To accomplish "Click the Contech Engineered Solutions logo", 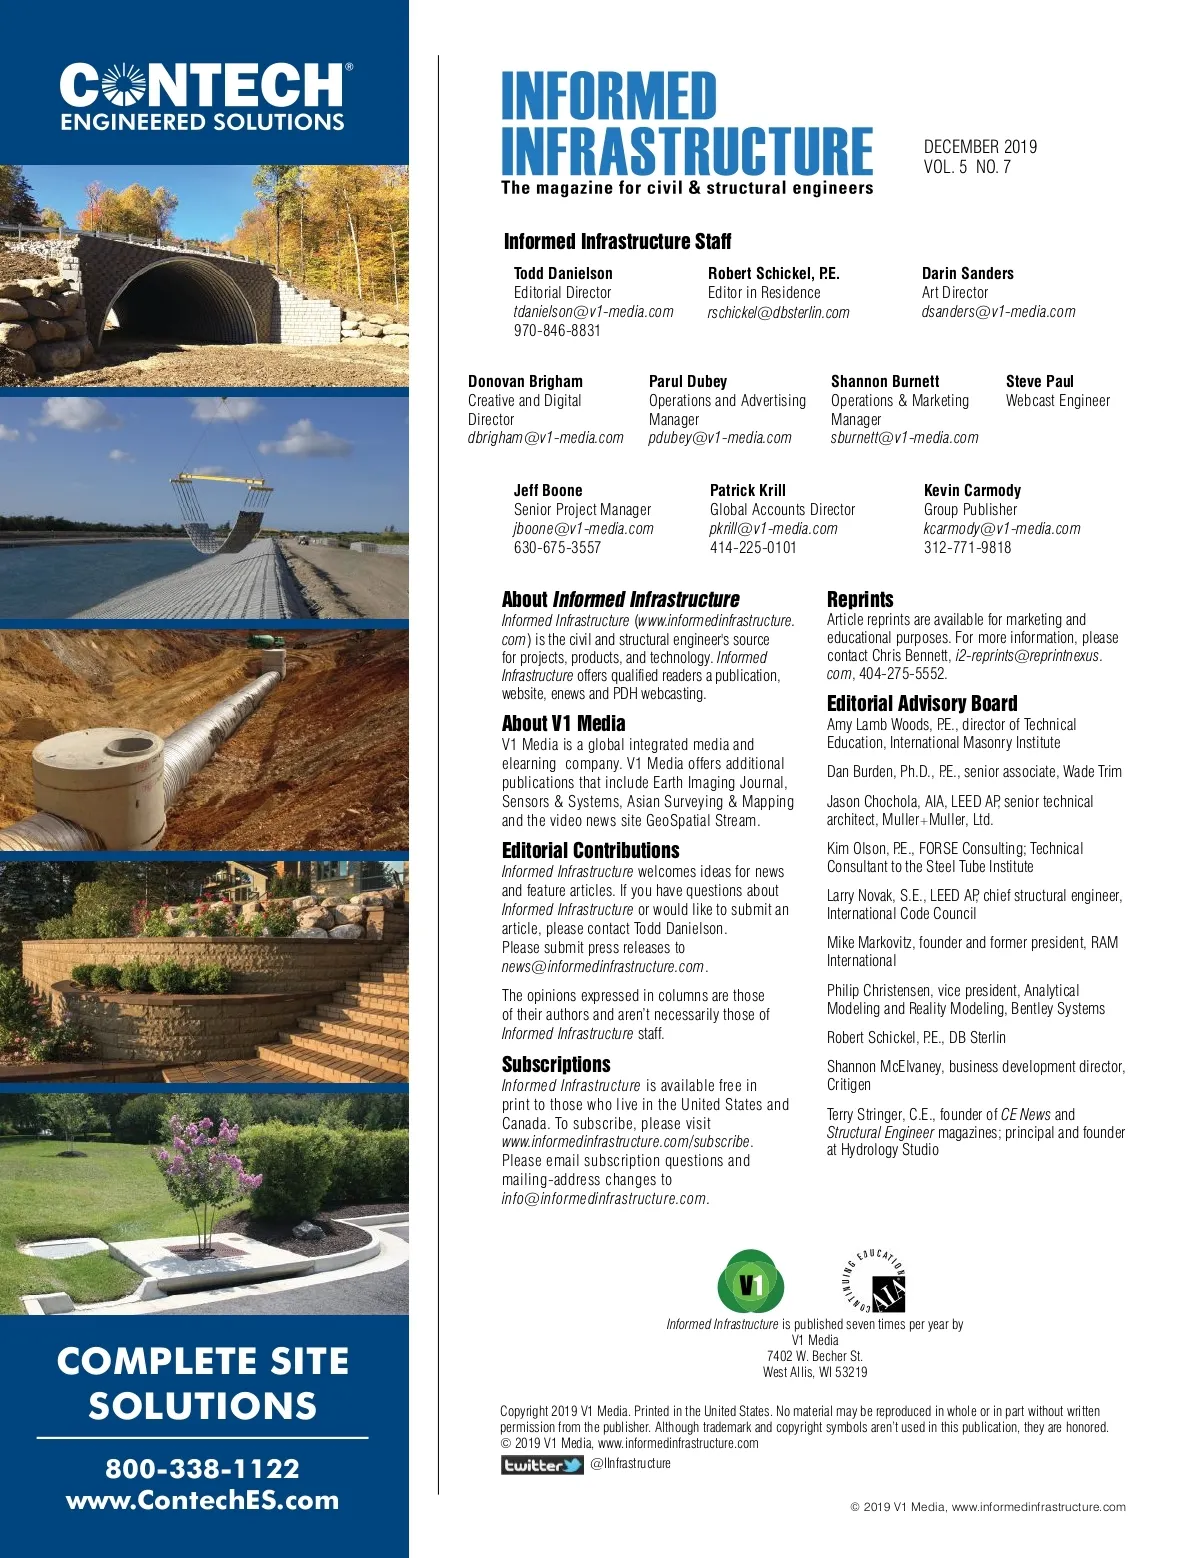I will (x=204, y=98).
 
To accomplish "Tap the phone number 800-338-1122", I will (x=203, y=1468).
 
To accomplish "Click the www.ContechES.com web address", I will (x=203, y=1500).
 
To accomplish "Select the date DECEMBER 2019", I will (x=980, y=147).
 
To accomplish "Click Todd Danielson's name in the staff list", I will (x=563, y=273).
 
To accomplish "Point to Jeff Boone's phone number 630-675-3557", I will (x=557, y=548).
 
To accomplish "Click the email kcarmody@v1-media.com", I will (x=1001, y=529).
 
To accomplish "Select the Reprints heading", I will (x=860, y=600).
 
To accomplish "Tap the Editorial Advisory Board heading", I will (x=921, y=704).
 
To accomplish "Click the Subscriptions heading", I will (x=556, y=1064).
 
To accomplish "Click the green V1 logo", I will (x=750, y=1282).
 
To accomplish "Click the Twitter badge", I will (x=542, y=1465).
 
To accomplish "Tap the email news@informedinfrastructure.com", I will (x=603, y=967).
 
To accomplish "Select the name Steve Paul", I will (x=1039, y=381).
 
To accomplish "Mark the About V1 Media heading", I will (x=563, y=724).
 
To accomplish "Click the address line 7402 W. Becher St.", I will (x=814, y=1356).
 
